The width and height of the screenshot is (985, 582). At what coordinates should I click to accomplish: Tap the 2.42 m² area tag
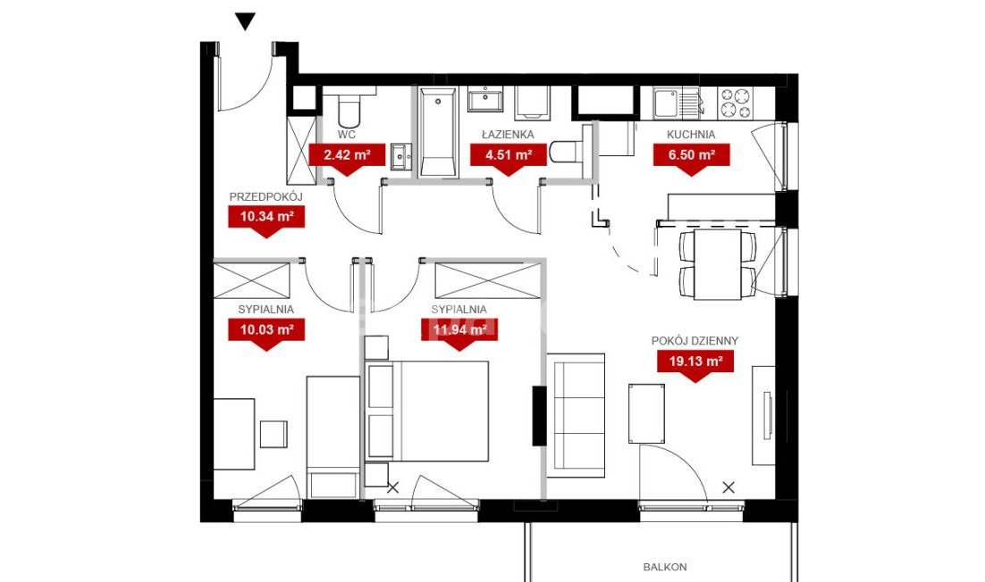point(346,155)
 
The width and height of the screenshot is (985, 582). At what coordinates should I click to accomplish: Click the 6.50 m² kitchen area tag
point(691,155)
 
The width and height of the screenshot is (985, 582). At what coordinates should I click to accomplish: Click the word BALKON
point(665,567)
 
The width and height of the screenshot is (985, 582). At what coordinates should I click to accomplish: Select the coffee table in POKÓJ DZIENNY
point(646,413)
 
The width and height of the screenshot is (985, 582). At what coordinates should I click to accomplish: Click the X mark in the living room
point(728,487)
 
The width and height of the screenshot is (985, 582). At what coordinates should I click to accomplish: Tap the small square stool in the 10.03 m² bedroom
point(274,433)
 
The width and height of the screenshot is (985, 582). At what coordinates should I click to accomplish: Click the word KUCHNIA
point(691,135)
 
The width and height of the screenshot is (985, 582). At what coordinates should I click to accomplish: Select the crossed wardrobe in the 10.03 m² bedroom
point(253,280)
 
